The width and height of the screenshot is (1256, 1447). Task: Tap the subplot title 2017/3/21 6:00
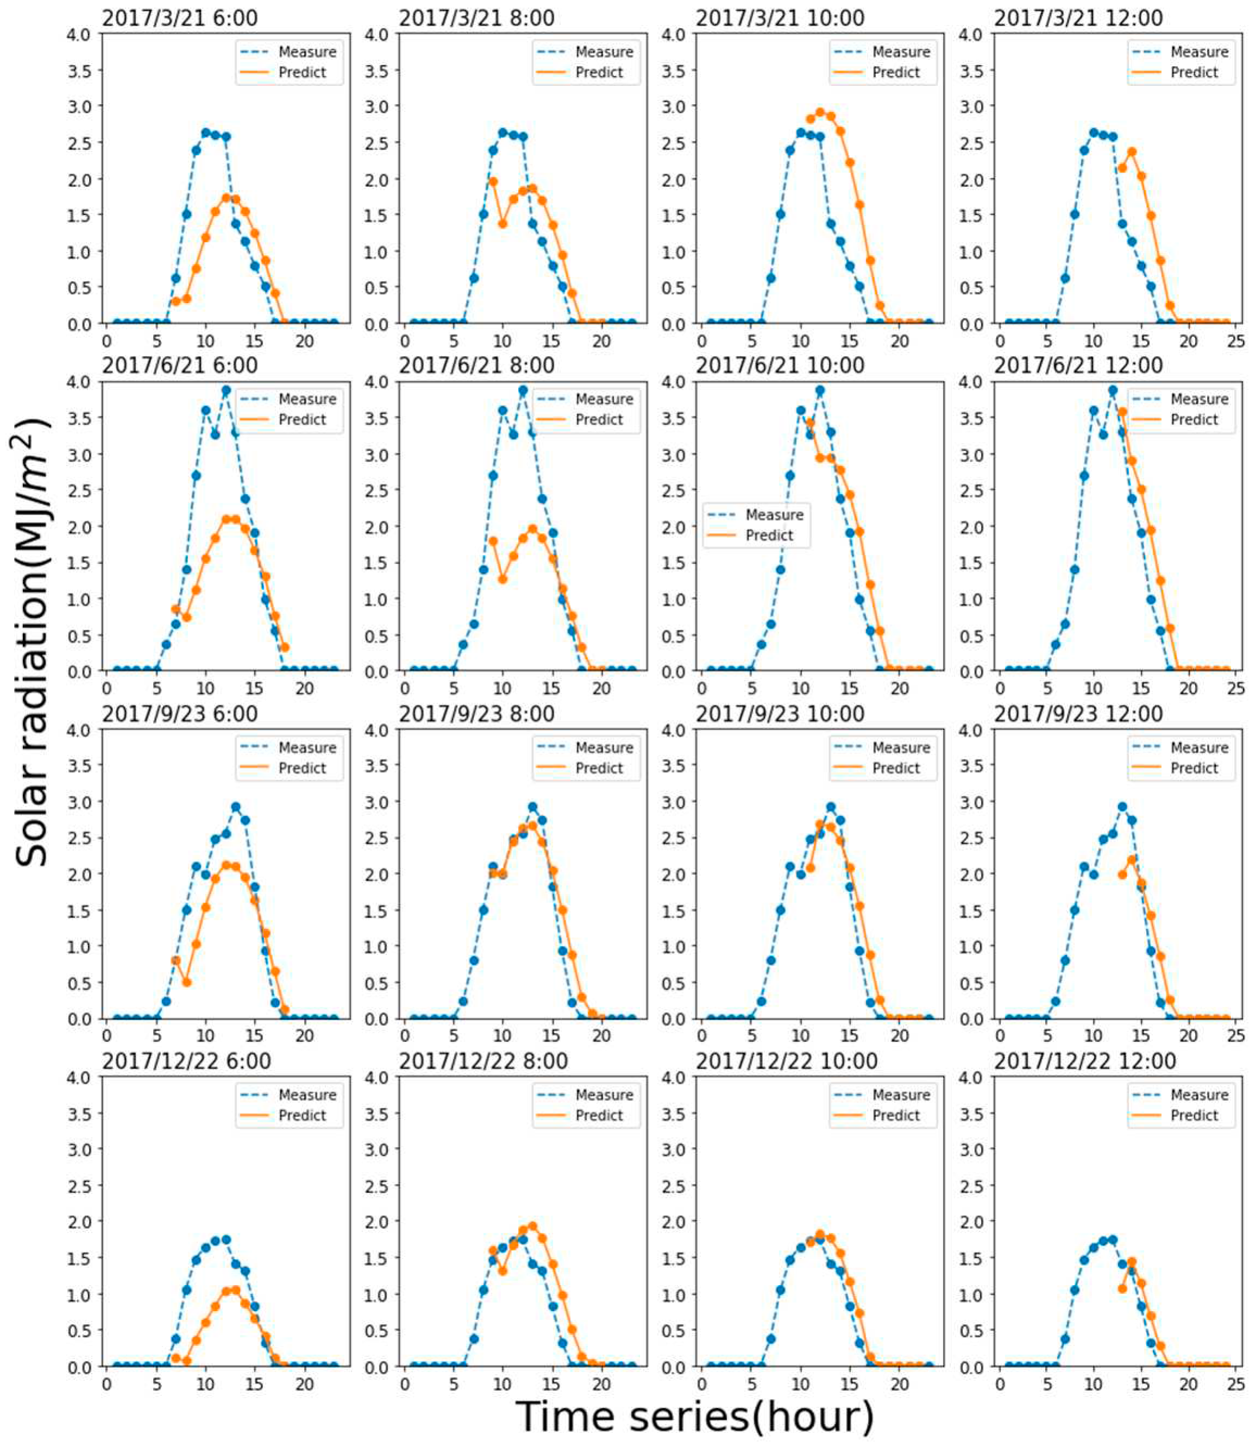click(x=179, y=17)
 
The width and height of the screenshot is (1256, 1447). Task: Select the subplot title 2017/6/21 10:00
click(x=780, y=365)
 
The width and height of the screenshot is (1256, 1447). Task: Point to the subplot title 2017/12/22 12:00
click(x=1084, y=1061)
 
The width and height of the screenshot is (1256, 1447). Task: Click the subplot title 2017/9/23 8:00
click(x=477, y=713)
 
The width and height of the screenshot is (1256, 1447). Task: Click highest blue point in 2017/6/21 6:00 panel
click(x=226, y=390)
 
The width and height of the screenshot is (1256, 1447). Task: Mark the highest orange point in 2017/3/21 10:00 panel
click(x=820, y=112)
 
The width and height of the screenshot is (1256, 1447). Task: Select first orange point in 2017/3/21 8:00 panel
click(x=493, y=181)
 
